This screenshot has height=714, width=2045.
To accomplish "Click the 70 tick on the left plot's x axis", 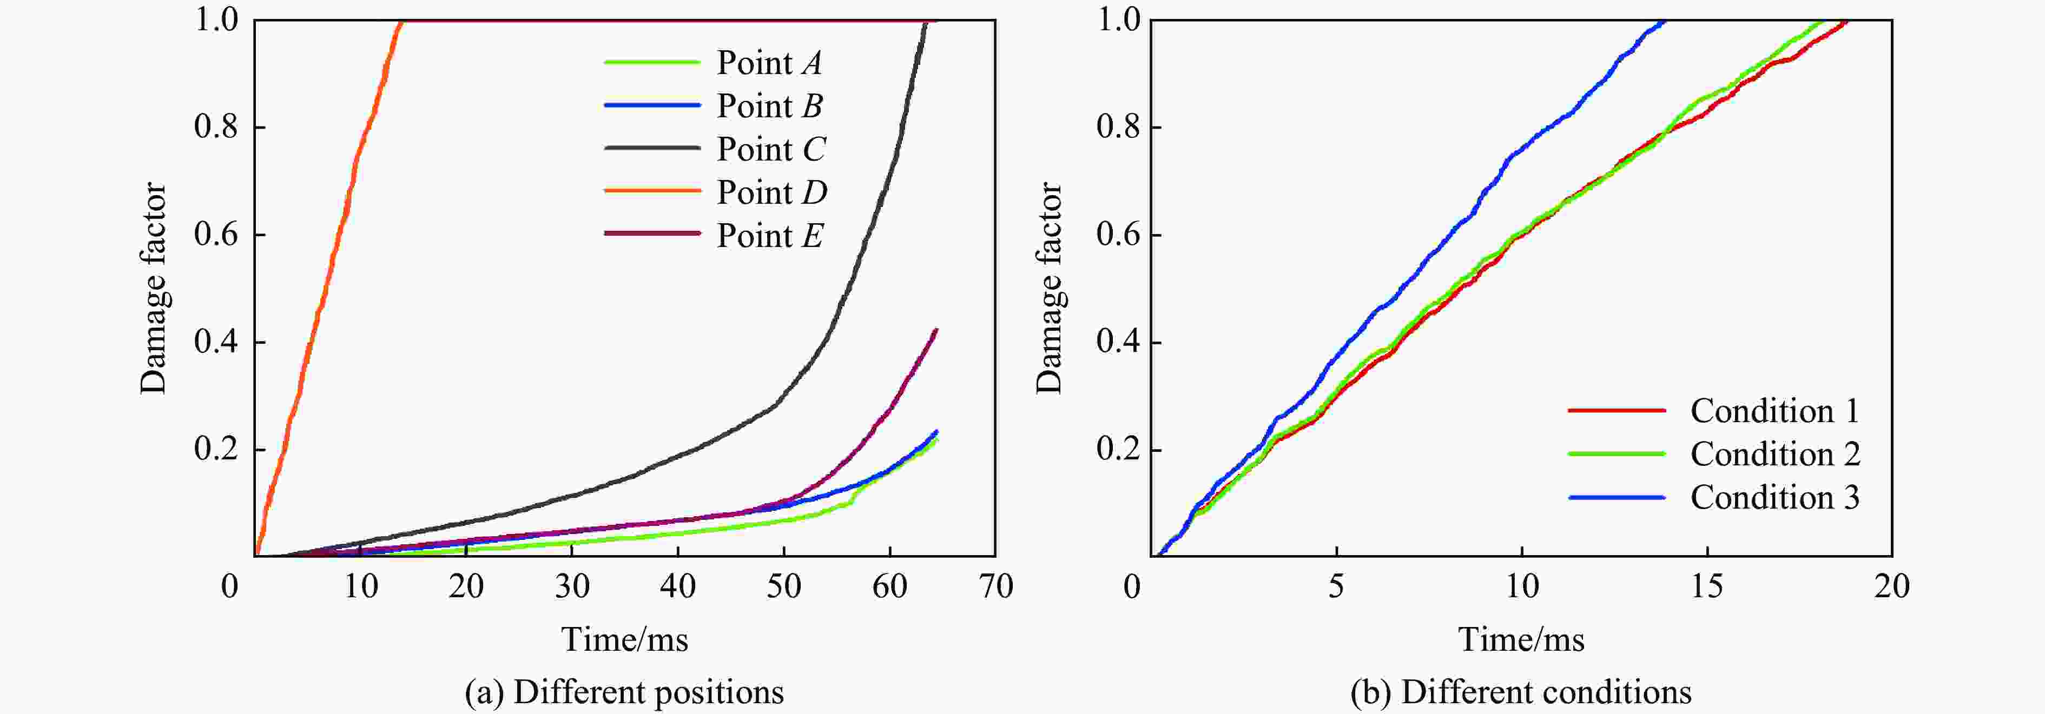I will point(995,587).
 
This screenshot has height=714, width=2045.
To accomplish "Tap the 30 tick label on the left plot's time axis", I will point(572,587).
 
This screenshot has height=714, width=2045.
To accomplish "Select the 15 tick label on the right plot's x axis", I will point(1707,587).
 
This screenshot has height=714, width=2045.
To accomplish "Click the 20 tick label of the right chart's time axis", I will point(1892,587).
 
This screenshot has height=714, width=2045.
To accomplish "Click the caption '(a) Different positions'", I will point(624,692).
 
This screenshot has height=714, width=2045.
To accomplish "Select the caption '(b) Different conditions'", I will point(1520,692).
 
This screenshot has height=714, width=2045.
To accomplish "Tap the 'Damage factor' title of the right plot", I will point(1050,288).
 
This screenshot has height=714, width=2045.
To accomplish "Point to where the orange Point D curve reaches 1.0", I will point(401,22).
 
